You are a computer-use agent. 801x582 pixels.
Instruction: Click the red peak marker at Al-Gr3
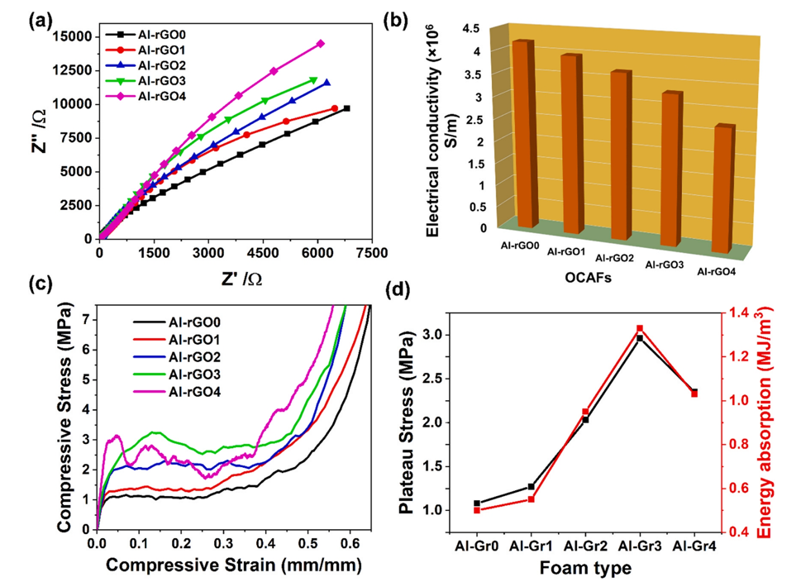[639, 328]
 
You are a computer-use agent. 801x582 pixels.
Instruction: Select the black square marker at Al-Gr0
[477, 503]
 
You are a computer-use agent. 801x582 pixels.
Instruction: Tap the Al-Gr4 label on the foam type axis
[693, 546]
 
